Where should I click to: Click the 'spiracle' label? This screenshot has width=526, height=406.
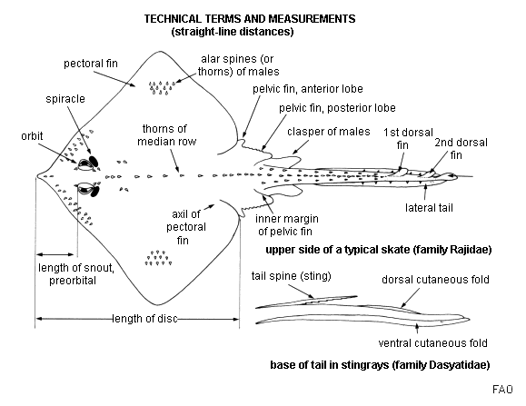click(65, 99)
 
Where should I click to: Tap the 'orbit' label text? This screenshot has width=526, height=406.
click(32, 135)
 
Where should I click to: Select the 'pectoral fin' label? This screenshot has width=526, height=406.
click(91, 64)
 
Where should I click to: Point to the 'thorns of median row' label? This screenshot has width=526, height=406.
click(167, 134)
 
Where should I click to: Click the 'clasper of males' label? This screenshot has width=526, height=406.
click(329, 132)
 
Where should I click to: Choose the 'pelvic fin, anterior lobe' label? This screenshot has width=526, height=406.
click(308, 89)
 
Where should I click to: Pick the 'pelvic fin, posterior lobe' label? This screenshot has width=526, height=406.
click(337, 108)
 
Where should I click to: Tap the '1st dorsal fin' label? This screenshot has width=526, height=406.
click(408, 138)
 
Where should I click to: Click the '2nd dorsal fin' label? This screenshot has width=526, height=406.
click(461, 149)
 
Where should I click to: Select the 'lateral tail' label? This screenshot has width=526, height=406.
click(429, 208)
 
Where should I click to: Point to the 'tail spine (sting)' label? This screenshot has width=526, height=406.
click(292, 276)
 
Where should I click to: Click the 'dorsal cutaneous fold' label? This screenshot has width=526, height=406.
click(435, 280)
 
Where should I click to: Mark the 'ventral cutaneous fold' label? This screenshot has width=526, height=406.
click(432, 343)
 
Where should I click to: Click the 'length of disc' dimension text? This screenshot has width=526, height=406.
click(144, 319)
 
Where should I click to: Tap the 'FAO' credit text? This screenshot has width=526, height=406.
click(502, 390)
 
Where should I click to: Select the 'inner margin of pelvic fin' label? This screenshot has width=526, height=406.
click(286, 225)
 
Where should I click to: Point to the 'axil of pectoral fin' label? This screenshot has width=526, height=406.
click(186, 227)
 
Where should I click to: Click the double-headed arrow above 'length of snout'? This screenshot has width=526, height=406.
click(55, 254)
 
